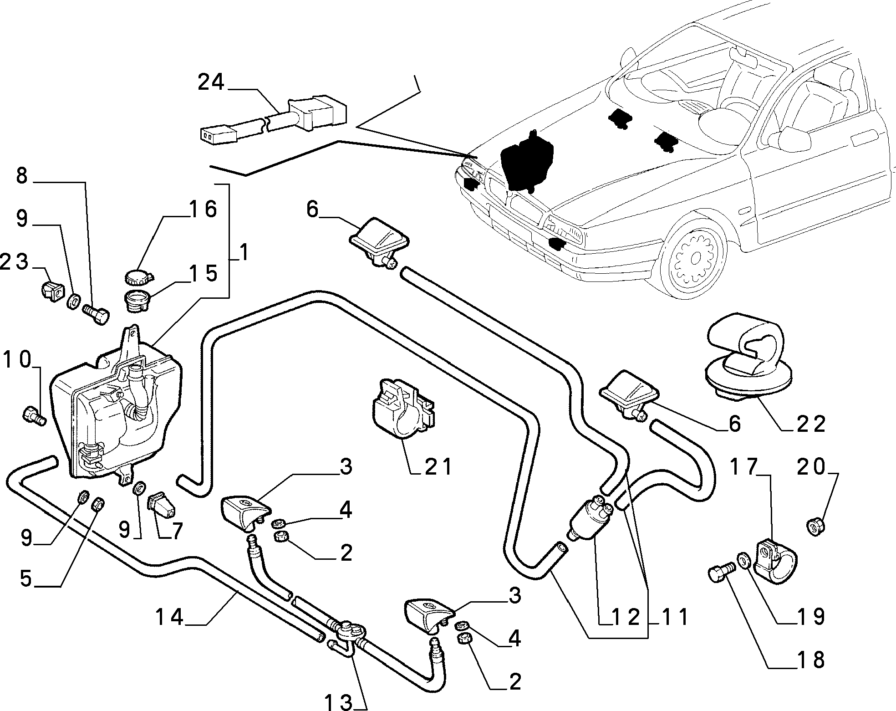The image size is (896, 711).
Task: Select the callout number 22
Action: [812, 425]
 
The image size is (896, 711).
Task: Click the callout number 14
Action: [169, 617]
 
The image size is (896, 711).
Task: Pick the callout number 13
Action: [339, 703]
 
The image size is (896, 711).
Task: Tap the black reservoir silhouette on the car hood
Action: [526, 160]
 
